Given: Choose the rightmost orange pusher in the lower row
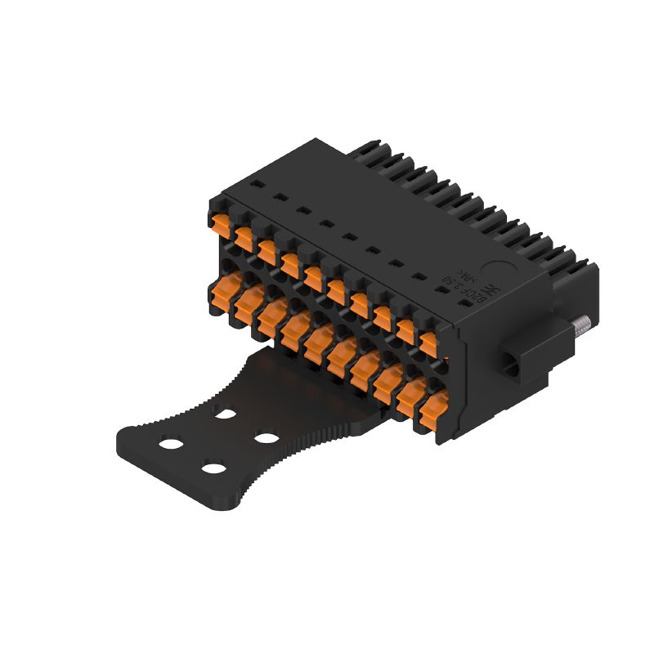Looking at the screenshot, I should pos(434,409).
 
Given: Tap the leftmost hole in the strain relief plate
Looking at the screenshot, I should pos(171,443).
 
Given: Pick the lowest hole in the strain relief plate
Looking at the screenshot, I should pos(213,469).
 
